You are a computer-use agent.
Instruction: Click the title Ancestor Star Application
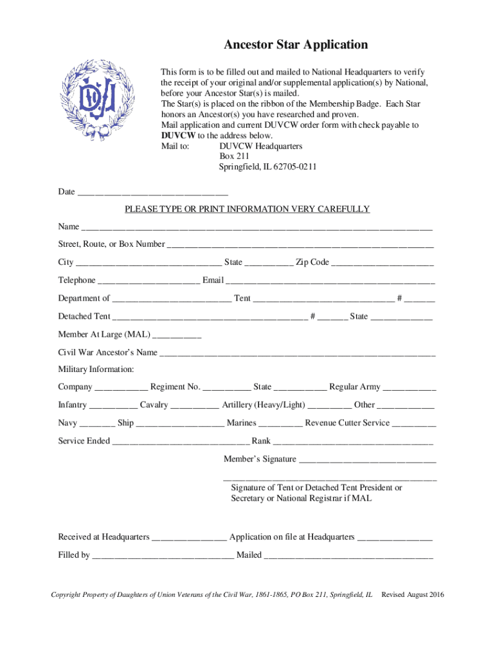click(296, 45)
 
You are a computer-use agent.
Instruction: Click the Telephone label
click(76, 280)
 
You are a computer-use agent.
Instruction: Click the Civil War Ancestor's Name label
click(107, 352)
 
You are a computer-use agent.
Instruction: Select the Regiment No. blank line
click(227, 387)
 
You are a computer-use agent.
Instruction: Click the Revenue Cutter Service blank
click(414, 423)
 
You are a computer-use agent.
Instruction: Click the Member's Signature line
click(368, 459)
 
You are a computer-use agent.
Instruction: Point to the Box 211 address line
click(234, 156)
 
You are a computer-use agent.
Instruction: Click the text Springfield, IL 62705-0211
click(267, 167)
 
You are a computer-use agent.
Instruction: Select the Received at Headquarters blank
click(189, 538)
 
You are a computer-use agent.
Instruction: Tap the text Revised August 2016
click(412, 594)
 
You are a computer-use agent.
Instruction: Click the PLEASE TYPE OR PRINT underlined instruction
click(247, 209)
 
